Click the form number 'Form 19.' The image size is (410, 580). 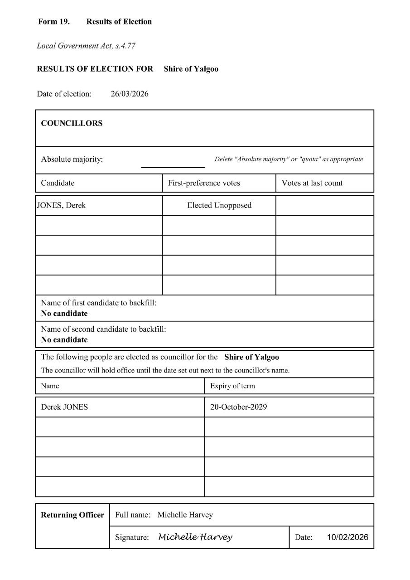54,22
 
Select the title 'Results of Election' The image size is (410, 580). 119,22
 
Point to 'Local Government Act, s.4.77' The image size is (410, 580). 86,46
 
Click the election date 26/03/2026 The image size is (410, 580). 130,94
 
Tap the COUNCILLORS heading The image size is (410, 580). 72,123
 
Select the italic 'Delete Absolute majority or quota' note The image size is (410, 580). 289,159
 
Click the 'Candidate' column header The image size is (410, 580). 58,183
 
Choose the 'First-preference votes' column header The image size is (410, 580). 204,183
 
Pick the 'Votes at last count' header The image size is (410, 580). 312,183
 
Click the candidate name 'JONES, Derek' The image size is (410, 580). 61,205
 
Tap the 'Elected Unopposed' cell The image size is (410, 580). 219,205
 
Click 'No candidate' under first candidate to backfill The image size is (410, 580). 64,314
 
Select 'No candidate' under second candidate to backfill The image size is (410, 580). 64,340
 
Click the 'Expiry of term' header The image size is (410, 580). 232,386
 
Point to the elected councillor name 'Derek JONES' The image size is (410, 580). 64,407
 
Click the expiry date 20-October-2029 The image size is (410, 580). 238,407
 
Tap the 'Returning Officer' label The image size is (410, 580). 72,515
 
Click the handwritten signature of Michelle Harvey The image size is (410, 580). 195,537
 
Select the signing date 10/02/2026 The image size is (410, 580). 347,537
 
